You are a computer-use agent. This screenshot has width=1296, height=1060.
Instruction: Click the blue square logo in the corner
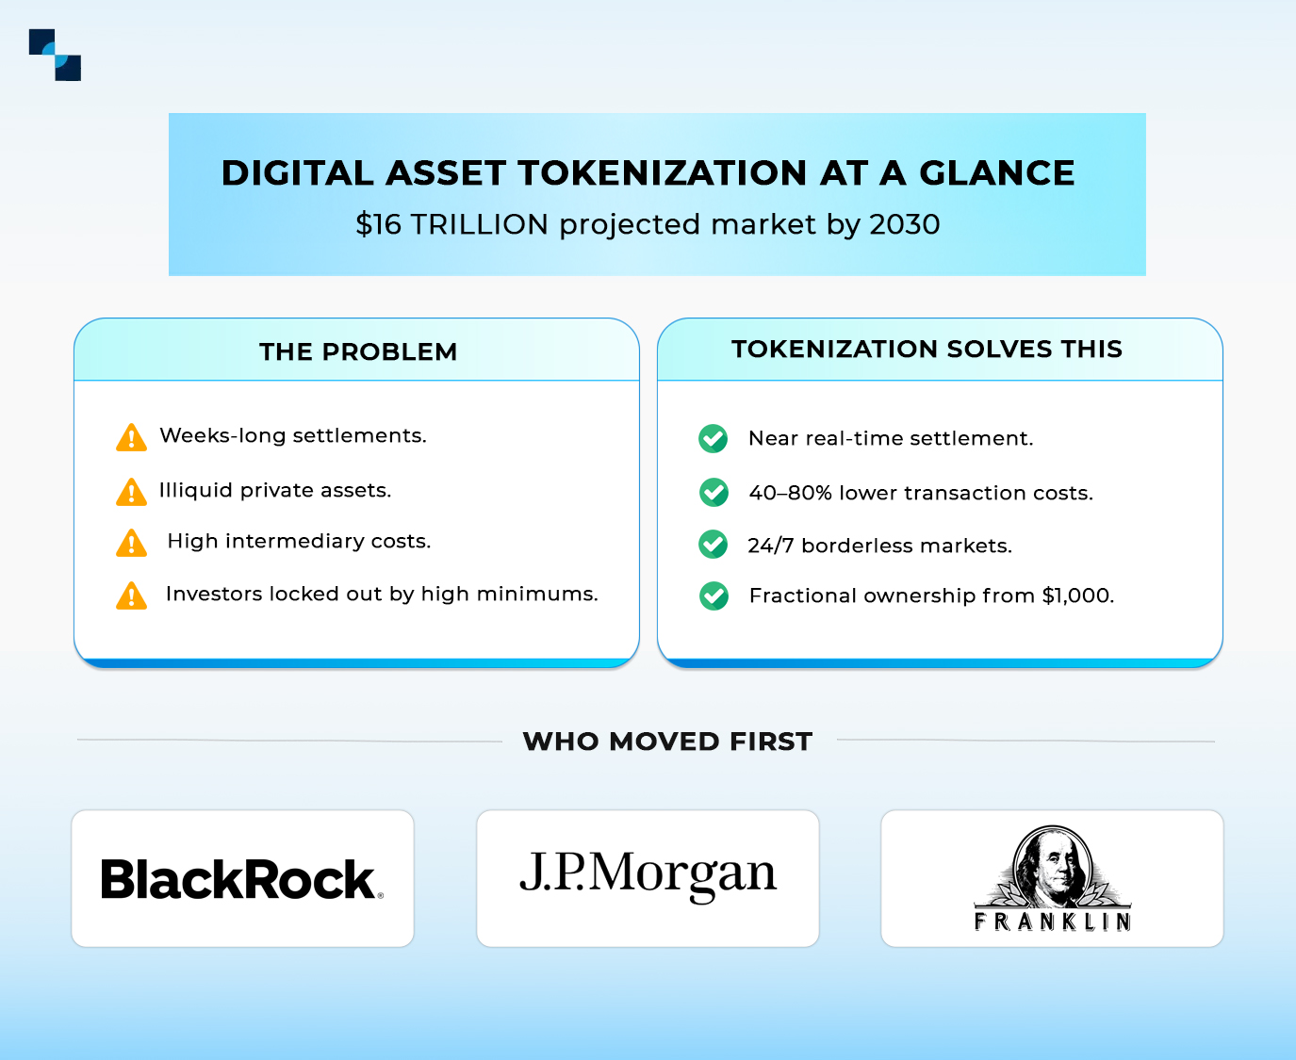click(x=55, y=55)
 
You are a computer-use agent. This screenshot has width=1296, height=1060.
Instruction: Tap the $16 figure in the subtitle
click(x=378, y=224)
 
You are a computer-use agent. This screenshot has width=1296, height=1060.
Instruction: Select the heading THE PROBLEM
click(x=358, y=351)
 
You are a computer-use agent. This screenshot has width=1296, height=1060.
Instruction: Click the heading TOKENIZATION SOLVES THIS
click(x=927, y=349)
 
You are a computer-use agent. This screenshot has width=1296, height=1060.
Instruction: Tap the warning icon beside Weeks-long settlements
click(x=131, y=438)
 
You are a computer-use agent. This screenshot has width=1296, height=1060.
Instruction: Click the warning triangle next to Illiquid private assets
click(x=131, y=492)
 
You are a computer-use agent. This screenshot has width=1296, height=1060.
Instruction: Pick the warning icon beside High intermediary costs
click(x=131, y=543)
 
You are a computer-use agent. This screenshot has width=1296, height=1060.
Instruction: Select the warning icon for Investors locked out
click(x=131, y=595)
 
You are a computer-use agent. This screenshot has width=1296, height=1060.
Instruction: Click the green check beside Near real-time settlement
click(x=714, y=438)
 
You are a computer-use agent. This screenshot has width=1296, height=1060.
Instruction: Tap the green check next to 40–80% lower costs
click(x=714, y=492)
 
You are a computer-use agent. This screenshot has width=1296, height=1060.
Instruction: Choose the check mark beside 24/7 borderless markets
click(x=714, y=545)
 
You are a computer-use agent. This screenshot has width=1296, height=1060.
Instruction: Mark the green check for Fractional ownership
click(x=714, y=595)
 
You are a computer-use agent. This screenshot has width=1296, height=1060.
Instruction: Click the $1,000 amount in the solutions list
click(x=1077, y=595)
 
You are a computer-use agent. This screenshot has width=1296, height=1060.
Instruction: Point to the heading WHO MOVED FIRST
click(x=667, y=742)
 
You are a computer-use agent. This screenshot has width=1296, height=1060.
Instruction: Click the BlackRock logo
click(x=241, y=879)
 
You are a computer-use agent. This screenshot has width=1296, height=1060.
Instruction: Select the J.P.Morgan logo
click(x=648, y=873)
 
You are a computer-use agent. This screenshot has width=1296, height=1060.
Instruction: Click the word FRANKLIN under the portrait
click(x=1052, y=921)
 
